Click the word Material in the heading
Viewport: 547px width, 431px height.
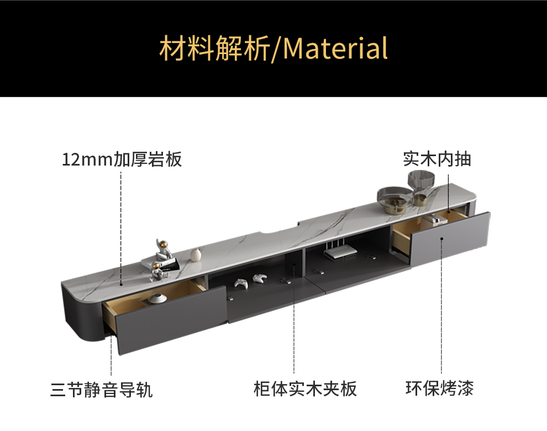pos(335,48)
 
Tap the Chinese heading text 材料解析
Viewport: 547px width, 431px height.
pos(214,48)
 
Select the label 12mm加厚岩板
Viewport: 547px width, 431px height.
pos(122,160)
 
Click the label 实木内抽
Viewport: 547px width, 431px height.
pos(436,159)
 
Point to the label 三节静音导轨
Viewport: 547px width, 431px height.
pos(101,390)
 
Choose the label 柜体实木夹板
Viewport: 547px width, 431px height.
pos(305,389)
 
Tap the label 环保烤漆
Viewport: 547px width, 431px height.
pos(439,388)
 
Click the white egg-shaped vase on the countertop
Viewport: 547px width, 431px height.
pos(195,254)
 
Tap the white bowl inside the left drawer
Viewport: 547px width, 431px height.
pos(157,299)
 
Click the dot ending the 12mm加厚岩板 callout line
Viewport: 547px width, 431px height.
pos(122,284)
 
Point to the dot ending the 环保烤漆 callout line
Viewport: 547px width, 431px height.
pos(441,238)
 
